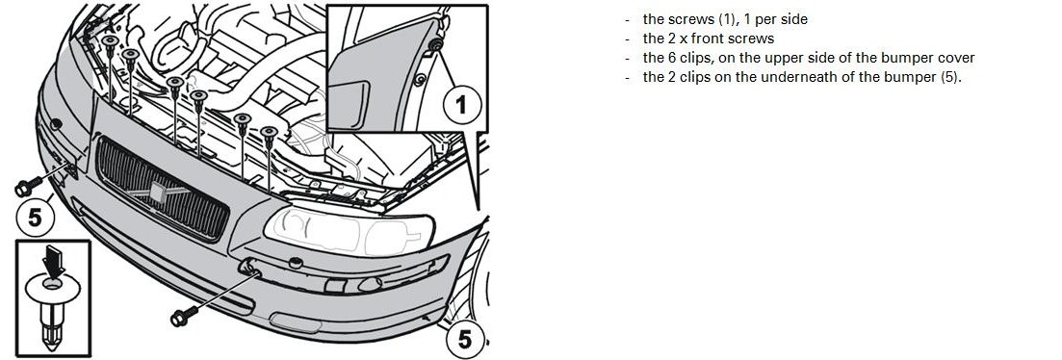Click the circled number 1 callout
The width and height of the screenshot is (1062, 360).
pyautogui.click(x=462, y=106)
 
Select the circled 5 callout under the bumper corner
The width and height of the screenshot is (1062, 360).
pyautogui.click(x=465, y=339)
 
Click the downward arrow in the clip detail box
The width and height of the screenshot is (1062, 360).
pyautogui.click(x=54, y=261)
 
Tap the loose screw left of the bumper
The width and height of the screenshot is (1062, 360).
pyautogui.click(x=28, y=186)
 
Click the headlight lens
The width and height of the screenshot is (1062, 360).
pyautogui.click(x=349, y=231)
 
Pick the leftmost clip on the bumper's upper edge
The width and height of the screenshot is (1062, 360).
pyautogui.click(x=110, y=44)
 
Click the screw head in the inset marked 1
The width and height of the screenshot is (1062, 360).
pyautogui.click(x=435, y=46)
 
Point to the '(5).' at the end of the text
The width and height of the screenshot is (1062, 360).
pyautogui.click(x=951, y=76)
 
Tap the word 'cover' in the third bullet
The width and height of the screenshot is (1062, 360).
pyautogui.click(x=956, y=58)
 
